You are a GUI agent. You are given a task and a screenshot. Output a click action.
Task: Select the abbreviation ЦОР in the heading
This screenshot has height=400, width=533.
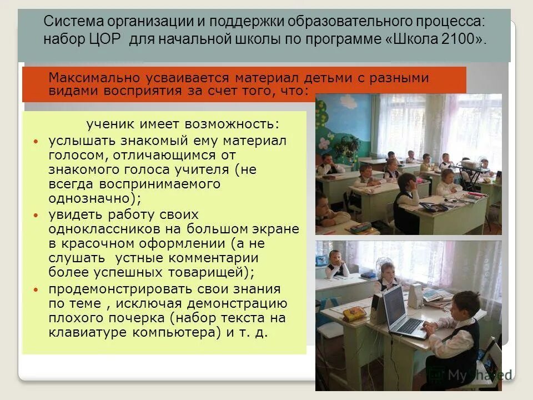click(109, 39)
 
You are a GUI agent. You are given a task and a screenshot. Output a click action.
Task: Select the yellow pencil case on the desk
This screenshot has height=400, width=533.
click(354, 314)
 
